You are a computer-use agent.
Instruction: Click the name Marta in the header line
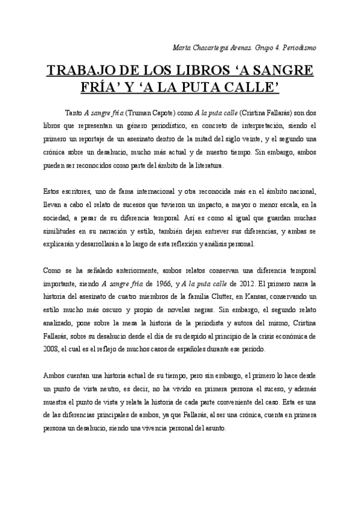[x=181, y=47]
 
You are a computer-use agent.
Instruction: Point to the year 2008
[x=52, y=349]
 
